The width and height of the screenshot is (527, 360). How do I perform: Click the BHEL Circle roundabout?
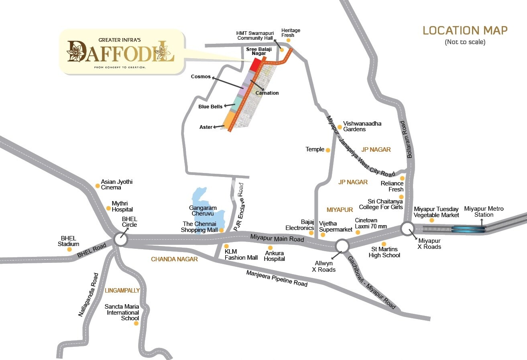coord(120,240)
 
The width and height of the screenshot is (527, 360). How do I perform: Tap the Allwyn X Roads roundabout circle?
coord(342,246)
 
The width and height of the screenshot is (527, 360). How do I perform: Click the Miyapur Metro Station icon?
coord(468,229)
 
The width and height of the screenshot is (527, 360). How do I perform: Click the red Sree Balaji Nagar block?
coord(255,65)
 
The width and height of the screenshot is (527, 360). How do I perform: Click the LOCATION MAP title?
coord(465,31)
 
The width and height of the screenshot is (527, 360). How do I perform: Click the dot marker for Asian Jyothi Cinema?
coord(98,186)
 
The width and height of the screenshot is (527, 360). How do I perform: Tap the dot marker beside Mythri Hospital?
coord(108,208)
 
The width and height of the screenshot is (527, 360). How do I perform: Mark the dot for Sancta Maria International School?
coord(136,323)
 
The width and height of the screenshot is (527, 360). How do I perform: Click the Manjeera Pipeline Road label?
coord(277,278)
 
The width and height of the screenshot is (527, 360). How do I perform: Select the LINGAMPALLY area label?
coord(122,290)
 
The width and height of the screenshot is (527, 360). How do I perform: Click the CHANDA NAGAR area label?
coord(174,259)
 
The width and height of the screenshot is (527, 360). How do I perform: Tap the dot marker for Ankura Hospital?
coord(270,248)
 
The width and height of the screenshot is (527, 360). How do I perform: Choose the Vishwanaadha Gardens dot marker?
coord(340,127)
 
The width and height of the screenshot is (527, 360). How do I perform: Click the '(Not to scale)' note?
coord(465,42)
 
